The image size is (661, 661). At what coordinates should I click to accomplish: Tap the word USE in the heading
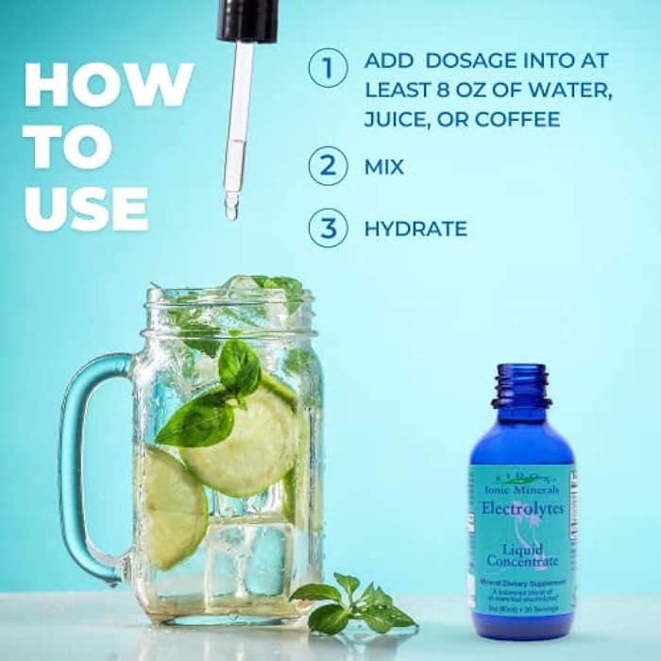coord(86,208)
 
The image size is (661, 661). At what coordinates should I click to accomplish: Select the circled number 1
coord(328,68)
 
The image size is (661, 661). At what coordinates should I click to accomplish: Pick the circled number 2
coord(328,167)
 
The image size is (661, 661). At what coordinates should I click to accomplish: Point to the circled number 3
coord(328,228)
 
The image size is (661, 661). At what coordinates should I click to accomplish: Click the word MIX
coord(383,167)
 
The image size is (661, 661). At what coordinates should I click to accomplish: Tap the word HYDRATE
coord(415,229)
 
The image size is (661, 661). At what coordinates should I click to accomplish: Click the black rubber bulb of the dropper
coord(246,20)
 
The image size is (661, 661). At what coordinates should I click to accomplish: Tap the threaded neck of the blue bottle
coord(521,386)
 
